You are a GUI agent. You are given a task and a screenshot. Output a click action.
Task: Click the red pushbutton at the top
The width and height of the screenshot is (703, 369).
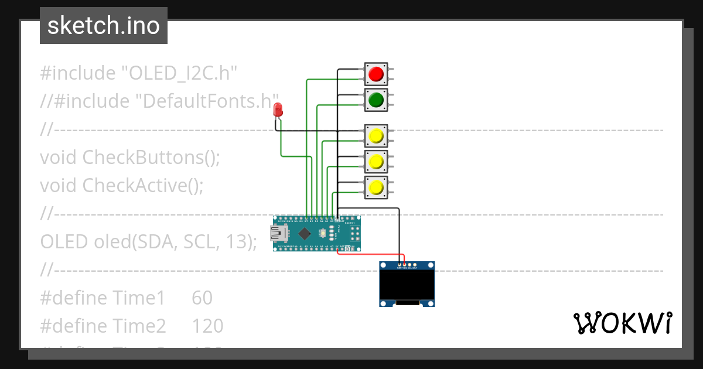click(376, 74)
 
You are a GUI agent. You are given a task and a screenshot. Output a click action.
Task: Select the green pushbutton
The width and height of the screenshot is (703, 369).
click(376, 100)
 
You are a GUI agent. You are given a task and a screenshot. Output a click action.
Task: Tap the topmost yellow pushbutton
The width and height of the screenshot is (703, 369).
click(376, 136)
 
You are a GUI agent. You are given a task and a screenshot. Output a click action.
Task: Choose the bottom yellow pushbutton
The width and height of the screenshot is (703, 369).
click(376, 187)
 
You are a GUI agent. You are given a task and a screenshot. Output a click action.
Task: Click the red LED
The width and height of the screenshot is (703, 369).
click(278, 110)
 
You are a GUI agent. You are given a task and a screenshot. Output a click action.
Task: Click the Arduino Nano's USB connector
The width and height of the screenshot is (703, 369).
click(278, 234)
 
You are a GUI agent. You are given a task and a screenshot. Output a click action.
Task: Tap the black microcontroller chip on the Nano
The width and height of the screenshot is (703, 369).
click(305, 234)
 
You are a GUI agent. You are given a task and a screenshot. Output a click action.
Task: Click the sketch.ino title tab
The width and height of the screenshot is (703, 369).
click(104, 26)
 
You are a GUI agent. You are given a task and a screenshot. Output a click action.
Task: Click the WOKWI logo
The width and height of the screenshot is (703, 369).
click(622, 323)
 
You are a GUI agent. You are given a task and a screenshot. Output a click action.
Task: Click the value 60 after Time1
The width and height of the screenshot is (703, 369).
click(202, 298)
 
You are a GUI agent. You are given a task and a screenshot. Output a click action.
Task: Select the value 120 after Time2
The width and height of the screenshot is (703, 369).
click(207, 326)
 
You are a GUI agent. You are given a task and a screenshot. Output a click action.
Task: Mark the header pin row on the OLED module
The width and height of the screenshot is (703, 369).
click(405, 265)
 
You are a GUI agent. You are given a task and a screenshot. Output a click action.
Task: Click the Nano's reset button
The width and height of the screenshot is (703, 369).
click(322, 234)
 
